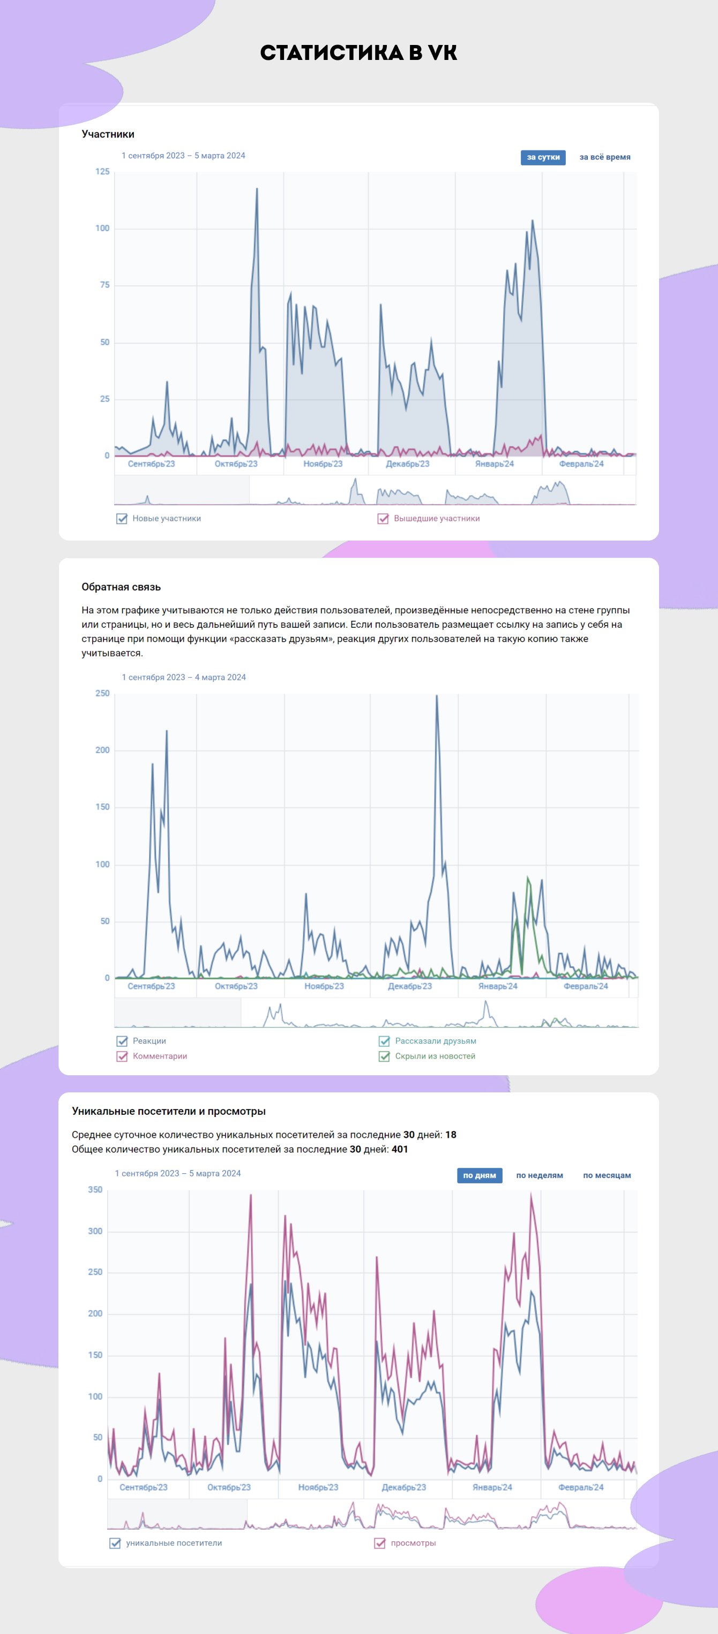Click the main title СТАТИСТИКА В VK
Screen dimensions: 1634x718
tap(358, 52)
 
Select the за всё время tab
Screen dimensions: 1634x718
tap(604, 157)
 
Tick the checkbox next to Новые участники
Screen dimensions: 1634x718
tap(122, 518)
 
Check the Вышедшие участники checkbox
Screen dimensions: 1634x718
tap(383, 518)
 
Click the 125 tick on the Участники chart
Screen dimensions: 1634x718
tap(102, 172)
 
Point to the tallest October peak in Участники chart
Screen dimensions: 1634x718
tap(257, 189)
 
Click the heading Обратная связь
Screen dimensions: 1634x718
tap(121, 587)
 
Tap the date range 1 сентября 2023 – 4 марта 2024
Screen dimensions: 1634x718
tap(183, 678)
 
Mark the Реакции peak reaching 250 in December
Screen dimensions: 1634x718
tap(437, 696)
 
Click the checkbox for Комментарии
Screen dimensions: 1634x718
tap(122, 1056)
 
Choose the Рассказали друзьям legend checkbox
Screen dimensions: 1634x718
tap(384, 1041)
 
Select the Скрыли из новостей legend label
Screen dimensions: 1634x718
tap(435, 1056)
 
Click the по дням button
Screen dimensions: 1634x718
tap(480, 1175)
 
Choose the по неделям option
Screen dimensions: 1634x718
tap(540, 1175)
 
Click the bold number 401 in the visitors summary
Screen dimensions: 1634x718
tap(400, 1150)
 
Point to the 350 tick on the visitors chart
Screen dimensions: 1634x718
tap(95, 1190)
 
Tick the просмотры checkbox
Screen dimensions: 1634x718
tap(380, 1544)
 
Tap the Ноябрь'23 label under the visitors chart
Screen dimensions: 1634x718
tap(318, 1487)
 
